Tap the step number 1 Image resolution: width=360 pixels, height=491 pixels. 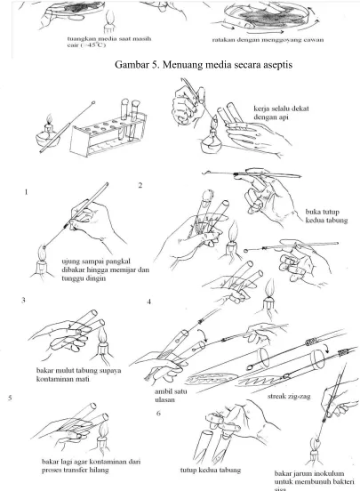pyautogui.click(x=27, y=192)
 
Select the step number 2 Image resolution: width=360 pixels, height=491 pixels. pyautogui.click(x=140, y=185)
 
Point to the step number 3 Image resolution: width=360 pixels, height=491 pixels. pyautogui.click(x=23, y=300)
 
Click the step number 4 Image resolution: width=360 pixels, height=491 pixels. pyautogui.click(x=149, y=302)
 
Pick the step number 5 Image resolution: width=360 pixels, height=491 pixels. pyautogui.click(x=10, y=398)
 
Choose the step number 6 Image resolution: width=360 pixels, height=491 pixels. pyautogui.click(x=158, y=414)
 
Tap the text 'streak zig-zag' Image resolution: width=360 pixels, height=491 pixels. pyautogui.click(x=289, y=397)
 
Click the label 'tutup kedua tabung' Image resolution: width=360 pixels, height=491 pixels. pyautogui.click(x=211, y=470)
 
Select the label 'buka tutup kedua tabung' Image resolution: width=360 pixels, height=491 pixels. pyautogui.click(x=326, y=216)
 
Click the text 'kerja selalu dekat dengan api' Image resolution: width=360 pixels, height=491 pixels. pyautogui.click(x=281, y=113)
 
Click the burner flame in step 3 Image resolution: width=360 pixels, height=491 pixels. pyautogui.click(x=103, y=335)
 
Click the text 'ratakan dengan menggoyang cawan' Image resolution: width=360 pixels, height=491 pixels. pyautogui.click(x=268, y=40)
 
